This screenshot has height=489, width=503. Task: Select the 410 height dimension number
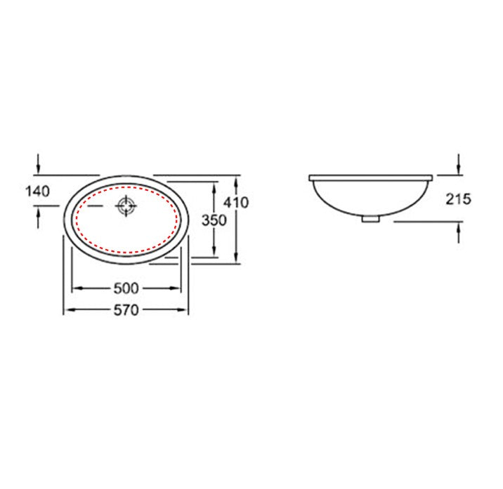click(236, 202)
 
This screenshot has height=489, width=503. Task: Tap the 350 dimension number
click(213, 220)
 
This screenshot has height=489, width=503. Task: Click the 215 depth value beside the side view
click(458, 199)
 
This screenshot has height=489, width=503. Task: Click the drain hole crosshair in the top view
click(126, 207)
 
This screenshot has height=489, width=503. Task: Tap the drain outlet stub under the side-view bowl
click(370, 218)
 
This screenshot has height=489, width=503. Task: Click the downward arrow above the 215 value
click(458, 170)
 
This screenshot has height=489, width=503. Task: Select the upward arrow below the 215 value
click(458, 226)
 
